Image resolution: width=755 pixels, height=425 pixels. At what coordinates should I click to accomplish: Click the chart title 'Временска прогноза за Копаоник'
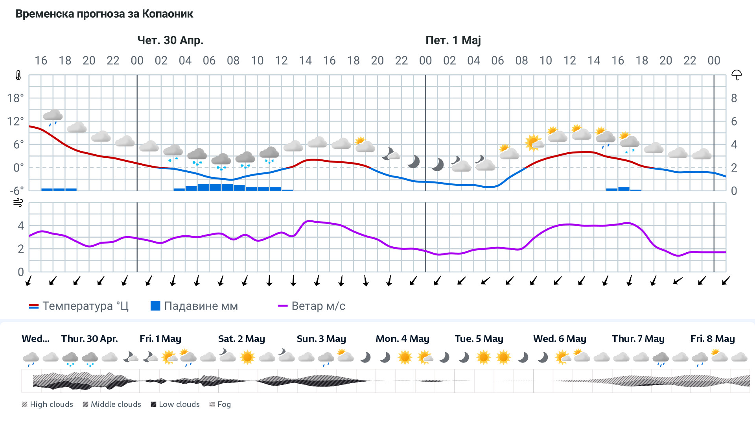(x=104, y=14)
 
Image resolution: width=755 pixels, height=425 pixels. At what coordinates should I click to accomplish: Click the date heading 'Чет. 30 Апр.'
(x=170, y=40)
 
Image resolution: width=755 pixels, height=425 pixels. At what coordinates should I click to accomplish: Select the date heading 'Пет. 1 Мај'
(x=453, y=40)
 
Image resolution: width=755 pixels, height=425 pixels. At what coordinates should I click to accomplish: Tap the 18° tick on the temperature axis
(x=15, y=98)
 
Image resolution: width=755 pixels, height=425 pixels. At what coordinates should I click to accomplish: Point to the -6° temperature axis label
(x=17, y=191)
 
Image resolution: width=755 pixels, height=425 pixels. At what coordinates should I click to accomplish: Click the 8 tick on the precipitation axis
(x=734, y=98)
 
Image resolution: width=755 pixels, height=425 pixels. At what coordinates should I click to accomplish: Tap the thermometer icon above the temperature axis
(x=18, y=75)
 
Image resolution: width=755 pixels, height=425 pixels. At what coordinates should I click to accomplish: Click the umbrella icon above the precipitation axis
(x=736, y=75)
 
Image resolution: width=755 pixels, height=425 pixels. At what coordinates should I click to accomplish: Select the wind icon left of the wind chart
(x=18, y=203)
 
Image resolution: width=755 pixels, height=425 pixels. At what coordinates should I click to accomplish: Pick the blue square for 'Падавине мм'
(x=155, y=306)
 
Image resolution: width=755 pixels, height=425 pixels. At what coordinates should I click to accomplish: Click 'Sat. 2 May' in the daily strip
(x=241, y=339)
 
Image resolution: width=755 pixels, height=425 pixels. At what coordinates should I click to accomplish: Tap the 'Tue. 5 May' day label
(x=479, y=339)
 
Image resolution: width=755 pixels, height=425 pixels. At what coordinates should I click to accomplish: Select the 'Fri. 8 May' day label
(x=712, y=339)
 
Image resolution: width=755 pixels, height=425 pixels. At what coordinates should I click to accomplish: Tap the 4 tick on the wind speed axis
(x=21, y=225)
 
